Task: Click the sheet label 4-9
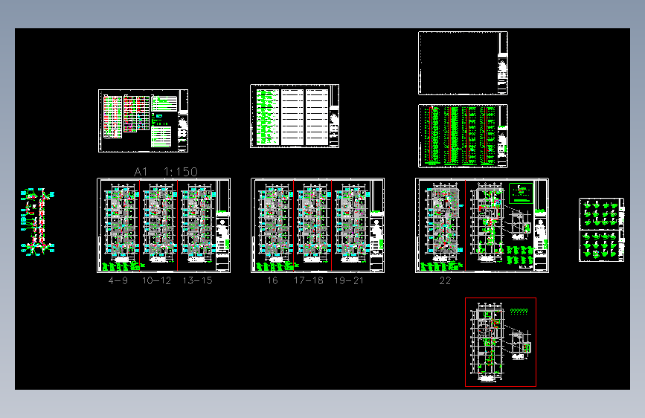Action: [x=118, y=281]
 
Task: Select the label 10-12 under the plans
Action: [x=156, y=281]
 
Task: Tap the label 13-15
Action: [x=197, y=281]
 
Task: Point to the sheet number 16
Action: [x=272, y=281]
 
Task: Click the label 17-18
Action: [x=308, y=281]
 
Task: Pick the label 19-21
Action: [x=349, y=281]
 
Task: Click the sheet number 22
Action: [x=445, y=281]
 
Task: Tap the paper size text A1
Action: [x=141, y=172]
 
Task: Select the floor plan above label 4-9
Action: [x=120, y=222]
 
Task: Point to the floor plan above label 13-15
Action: [x=196, y=222]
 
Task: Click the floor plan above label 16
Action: [x=273, y=222]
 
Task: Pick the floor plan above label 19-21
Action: [x=350, y=222]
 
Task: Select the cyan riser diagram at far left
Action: [x=38, y=222]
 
